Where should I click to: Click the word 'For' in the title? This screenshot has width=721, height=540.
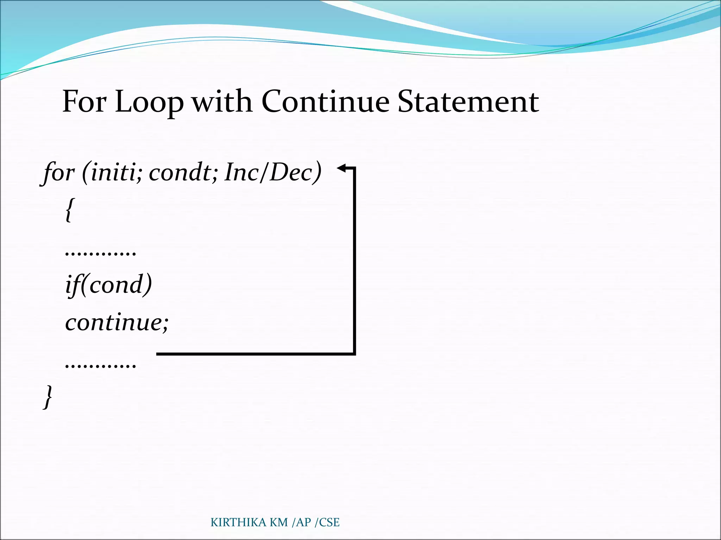click(84, 102)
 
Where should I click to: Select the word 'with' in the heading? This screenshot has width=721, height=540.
click(222, 102)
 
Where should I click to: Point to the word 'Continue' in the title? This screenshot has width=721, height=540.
click(325, 102)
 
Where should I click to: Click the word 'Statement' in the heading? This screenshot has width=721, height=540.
click(468, 102)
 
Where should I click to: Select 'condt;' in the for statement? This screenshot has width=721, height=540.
click(183, 173)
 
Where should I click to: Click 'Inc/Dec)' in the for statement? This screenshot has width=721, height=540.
click(273, 173)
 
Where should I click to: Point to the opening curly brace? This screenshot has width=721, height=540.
click(70, 210)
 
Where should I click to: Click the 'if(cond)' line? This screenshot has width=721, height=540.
click(108, 284)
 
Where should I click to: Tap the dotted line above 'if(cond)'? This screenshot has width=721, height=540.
click(100, 253)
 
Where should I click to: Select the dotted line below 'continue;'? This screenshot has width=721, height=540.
click(100, 366)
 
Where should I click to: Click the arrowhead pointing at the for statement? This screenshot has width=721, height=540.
click(341, 168)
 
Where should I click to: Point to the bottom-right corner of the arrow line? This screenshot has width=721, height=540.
click(354, 354)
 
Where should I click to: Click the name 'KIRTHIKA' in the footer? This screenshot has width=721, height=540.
click(238, 522)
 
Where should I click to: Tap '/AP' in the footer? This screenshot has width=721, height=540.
click(301, 522)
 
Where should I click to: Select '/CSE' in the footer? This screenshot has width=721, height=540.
click(327, 522)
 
